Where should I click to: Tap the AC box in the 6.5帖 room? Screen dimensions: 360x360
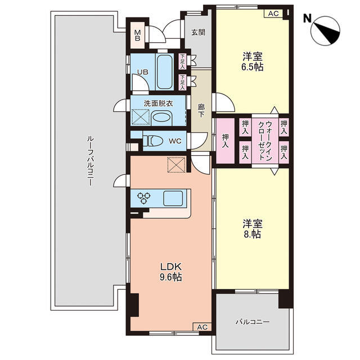pyautogui.click(x=273, y=13)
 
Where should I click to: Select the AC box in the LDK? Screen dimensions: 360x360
pyautogui.click(x=202, y=327)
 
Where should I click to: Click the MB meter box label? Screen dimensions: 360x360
pyautogui.click(x=137, y=35)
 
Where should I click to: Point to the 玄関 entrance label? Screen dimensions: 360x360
pyautogui.click(x=198, y=33)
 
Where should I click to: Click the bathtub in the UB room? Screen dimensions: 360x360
pyautogui.click(x=165, y=71)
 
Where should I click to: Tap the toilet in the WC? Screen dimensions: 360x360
pyautogui.click(x=152, y=141)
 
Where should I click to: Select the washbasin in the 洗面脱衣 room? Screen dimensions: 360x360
pyautogui.click(x=162, y=118)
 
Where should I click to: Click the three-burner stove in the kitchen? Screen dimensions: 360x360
pyautogui.click(x=144, y=198)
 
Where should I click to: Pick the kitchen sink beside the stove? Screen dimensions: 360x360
pyautogui.click(x=173, y=199)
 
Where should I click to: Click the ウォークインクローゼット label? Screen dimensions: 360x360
pyautogui.click(x=265, y=141)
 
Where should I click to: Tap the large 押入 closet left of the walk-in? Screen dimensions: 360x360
pyautogui.click(x=226, y=141)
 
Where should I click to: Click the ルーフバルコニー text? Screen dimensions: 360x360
pyautogui.click(x=90, y=161)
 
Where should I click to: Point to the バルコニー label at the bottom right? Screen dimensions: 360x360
pyautogui.click(x=253, y=322)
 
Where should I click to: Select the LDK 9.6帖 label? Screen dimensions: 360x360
pyautogui.click(x=171, y=272)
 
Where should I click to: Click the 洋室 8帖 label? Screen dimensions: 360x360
pyautogui.click(x=253, y=228)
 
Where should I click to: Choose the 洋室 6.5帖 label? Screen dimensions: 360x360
pyautogui.click(x=253, y=61)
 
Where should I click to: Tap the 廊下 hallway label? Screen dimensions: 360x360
pyautogui.click(x=201, y=111)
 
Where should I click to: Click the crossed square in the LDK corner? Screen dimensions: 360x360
pyautogui.click(x=176, y=165)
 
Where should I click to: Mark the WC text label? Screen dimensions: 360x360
pyautogui.click(x=175, y=141)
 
